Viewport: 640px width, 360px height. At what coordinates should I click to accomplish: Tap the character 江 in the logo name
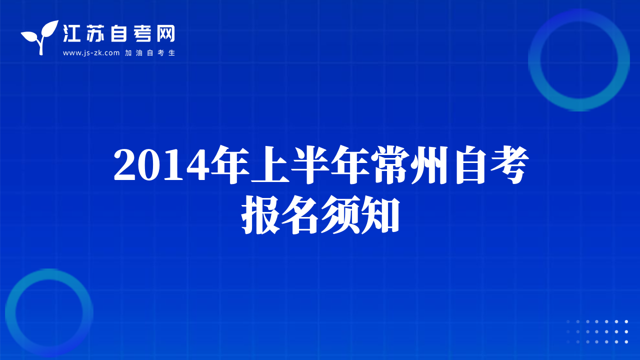pyautogui.click(x=71, y=33)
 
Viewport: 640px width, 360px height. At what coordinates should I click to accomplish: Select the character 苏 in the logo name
pyautogui.click(x=95, y=33)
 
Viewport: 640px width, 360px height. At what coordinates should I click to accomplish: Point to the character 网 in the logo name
pyautogui.click(x=165, y=33)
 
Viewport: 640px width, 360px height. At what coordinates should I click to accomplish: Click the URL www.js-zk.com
pyautogui.click(x=91, y=53)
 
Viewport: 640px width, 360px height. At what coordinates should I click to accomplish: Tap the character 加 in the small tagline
pyautogui.click(x=128, y=53)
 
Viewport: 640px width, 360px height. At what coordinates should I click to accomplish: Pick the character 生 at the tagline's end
pyautogui.click(x=171, y=53)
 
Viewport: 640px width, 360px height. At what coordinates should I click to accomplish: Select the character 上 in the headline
pyautogui.click(x=270, y=164)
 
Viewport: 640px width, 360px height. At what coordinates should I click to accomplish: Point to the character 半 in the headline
pyautogui.click(x=310, y=164)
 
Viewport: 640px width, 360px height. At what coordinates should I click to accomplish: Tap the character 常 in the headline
pyautogui.click(x=391, y=164)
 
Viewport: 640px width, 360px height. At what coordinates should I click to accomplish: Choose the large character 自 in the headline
pyautogui.click(x=471, y=164)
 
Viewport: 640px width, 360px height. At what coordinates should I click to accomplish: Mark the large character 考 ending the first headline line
pyautogui.click(x=509, y=164)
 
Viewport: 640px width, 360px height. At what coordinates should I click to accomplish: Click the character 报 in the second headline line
pyautogui.click(x=260, y=215)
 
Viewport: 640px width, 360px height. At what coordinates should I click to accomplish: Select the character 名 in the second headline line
pyautogui.click(x=299, y=215)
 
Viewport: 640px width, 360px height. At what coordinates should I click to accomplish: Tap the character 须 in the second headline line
pyautogui.click(x=339, y=215)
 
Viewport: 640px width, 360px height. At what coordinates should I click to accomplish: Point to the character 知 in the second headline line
pyautogui.click(x=379, y=215)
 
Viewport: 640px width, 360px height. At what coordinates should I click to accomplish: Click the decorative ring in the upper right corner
pyautogui.click(x=534, y=60)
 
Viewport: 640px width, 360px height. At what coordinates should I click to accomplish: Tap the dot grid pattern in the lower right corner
pyautogui.click(x=597, y=331)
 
